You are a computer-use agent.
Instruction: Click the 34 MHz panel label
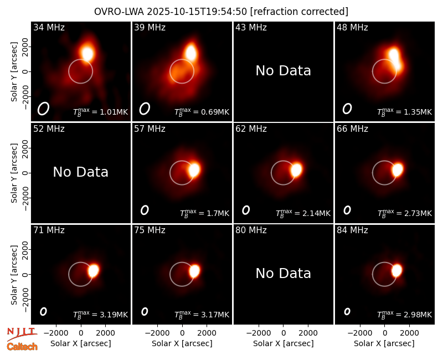pos(49,27)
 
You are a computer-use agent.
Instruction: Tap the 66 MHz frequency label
pos(352,129)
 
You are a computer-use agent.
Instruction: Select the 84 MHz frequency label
pos(352,230)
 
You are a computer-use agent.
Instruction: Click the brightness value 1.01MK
pos(110,112)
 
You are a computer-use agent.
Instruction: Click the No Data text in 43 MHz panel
pos(284,71)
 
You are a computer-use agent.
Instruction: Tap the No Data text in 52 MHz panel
pos(81,172)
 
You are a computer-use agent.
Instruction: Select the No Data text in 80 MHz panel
pos(284,274)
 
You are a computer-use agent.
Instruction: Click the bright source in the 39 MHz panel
pos(191,52)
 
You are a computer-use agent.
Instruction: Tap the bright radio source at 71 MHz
pos(93,270)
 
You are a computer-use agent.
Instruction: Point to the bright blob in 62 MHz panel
pos(296,170)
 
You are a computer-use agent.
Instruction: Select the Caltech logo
pos(22,347)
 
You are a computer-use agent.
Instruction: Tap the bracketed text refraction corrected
pos(299,12)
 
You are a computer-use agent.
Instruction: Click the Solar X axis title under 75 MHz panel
pos(182,343)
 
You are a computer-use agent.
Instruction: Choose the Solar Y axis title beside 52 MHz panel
pos(14,173)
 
